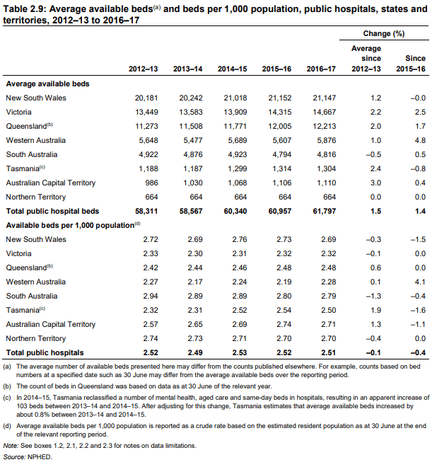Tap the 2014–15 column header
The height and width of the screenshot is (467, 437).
[232, 69]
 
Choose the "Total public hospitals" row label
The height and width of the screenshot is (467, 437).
[45, 352]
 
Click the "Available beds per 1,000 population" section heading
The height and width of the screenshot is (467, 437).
[71, 225]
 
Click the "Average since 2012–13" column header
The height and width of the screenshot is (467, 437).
[366, 59]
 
